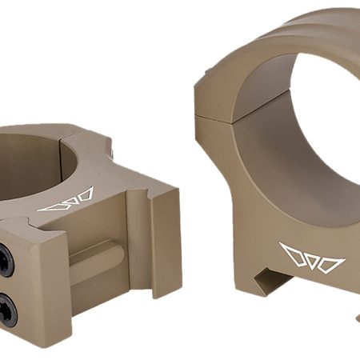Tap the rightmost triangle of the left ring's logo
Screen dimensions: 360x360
[84, 194]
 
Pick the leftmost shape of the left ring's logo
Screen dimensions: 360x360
[50, 206]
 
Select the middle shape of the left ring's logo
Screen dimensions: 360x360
[67, 201]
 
